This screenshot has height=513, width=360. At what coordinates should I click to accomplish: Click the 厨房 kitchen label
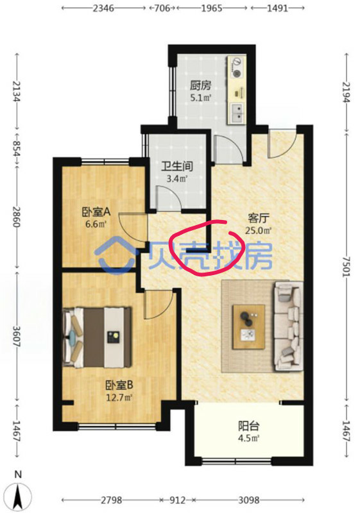(201, 85)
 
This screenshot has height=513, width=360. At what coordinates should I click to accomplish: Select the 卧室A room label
(96, 212)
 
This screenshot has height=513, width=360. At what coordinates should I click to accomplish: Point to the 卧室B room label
(119, 385)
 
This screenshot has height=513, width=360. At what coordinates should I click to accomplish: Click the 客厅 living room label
(259, 218)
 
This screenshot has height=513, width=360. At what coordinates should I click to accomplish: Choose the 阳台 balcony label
(249, 426)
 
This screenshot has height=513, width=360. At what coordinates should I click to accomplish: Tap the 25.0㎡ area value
(259, 231)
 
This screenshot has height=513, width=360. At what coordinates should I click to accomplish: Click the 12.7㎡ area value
(119, 398)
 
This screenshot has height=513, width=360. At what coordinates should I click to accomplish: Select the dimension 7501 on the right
(347, 266)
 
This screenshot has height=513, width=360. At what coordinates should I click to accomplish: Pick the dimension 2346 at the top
(104, 8)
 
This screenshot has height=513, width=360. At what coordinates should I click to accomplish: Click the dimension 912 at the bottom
(177, 500)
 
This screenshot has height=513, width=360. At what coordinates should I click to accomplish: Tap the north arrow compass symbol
(19, 494)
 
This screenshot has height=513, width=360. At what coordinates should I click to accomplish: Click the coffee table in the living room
(249, 327)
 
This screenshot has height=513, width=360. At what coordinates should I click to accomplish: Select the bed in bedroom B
(97, 337)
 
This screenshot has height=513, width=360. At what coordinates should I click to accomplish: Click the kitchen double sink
(237, 114)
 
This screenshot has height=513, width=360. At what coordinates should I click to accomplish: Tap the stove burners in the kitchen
(237, 67)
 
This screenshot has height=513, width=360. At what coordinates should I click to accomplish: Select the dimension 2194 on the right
(347, 91)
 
